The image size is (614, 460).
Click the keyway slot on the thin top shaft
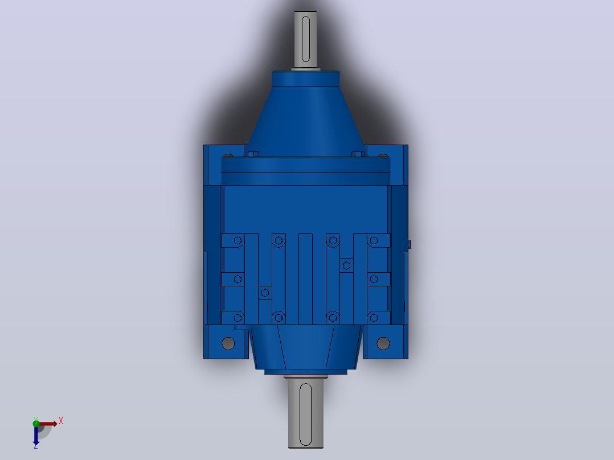click(x=306, y=39)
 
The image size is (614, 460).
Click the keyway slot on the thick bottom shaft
click(x=305, y=414)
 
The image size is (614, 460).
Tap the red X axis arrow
click(x=47, y=424)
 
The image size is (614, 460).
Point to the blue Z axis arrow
click(x=36, y=435)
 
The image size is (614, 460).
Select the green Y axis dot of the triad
click(x=36, y=423)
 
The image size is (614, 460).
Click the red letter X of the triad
click(x=61, y=421)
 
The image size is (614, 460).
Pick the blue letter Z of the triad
click(x=36, y=446)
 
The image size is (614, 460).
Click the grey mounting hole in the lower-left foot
click(x=228, y=343)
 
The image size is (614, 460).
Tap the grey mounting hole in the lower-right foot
click(x=383, y=343)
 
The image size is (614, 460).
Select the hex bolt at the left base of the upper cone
click(x=253, y=154)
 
